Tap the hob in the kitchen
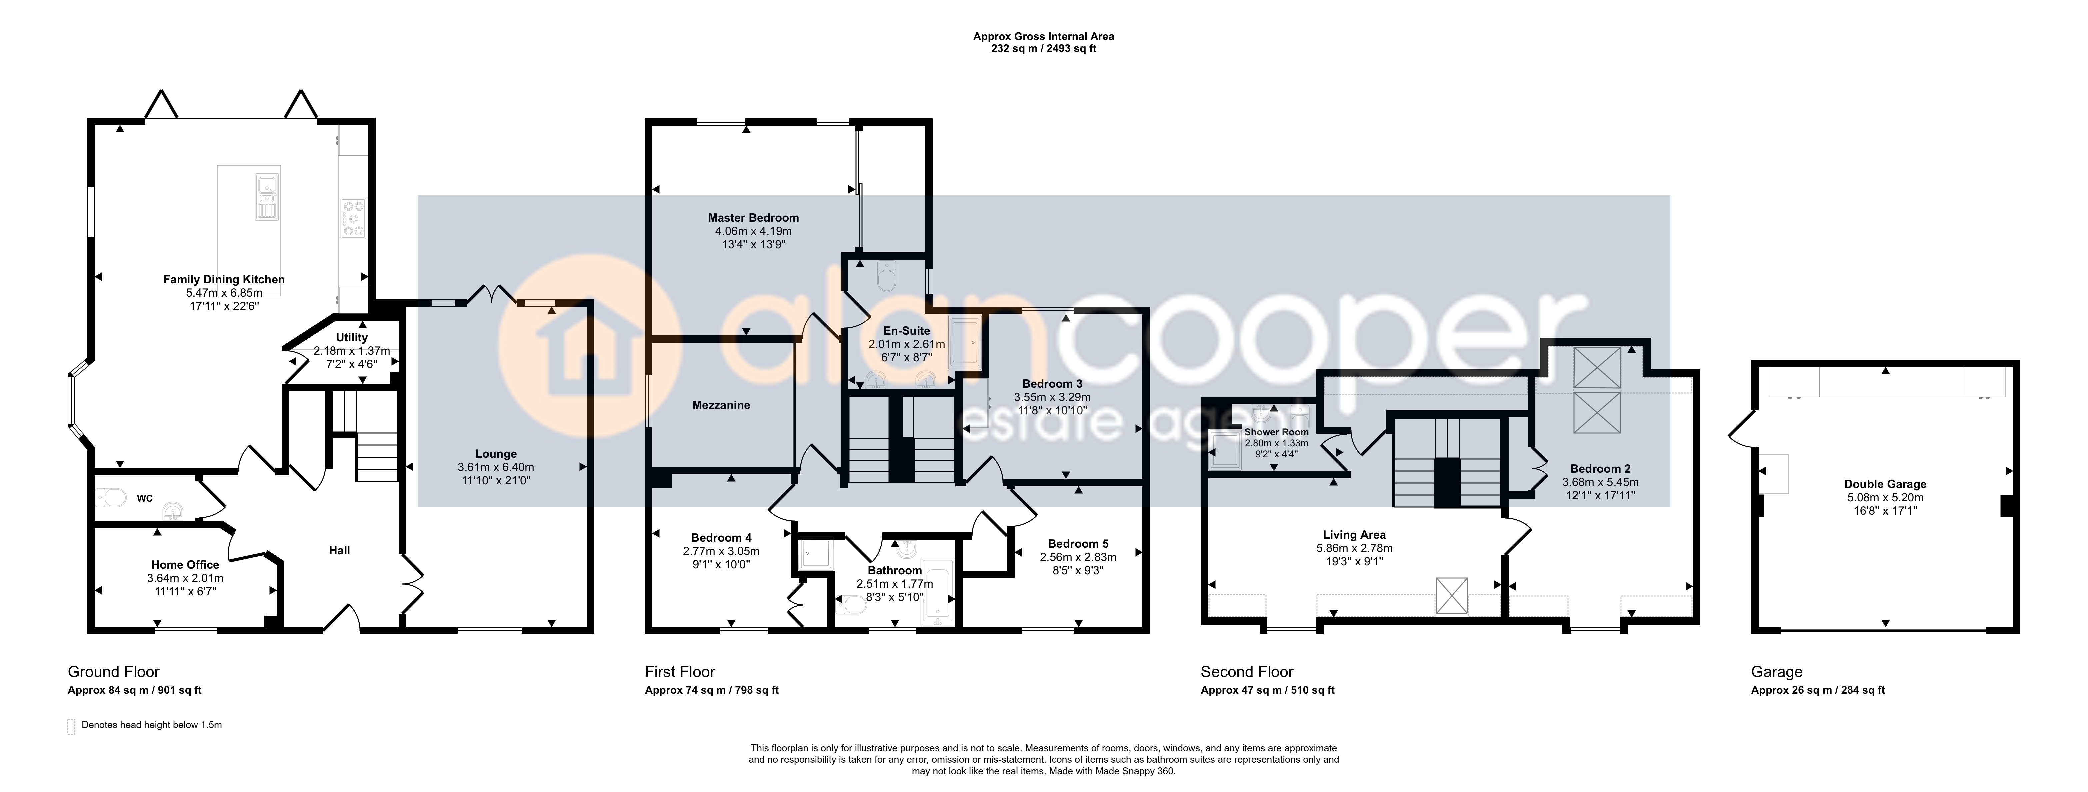[x=353, y=219]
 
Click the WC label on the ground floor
[x=144, y=499]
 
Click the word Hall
[x=340, y=550]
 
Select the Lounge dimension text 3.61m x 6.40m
[x=496, y=468]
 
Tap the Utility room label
[x=352, y=337]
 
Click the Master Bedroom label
[x=753, y=218]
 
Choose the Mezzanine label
[x=721, y=405]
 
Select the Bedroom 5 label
[x=1078, y=544]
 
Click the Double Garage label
[x=1885, y=485]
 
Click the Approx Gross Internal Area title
[x=1044, y=36]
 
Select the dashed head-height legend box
[x=71, y=726]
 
